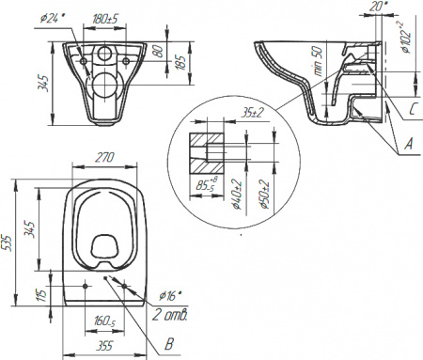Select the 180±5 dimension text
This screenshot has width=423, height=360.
[x=105, y=16]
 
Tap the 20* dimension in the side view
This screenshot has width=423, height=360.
[x=378, y=7]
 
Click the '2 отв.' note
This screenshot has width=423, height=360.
[x=171, y=314]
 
